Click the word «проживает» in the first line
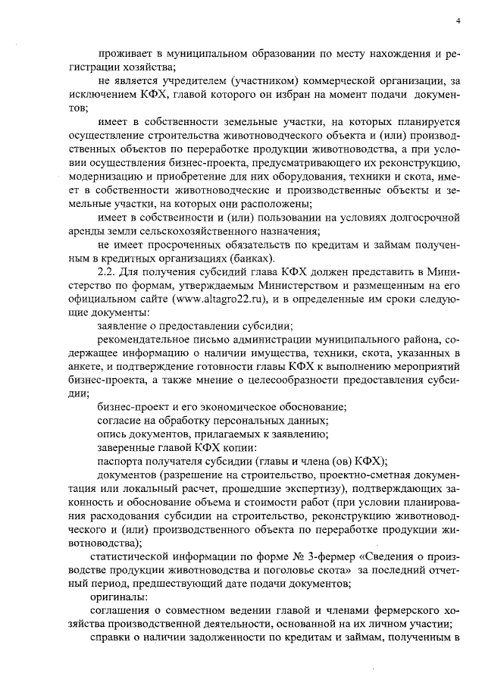coord(123,54)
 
